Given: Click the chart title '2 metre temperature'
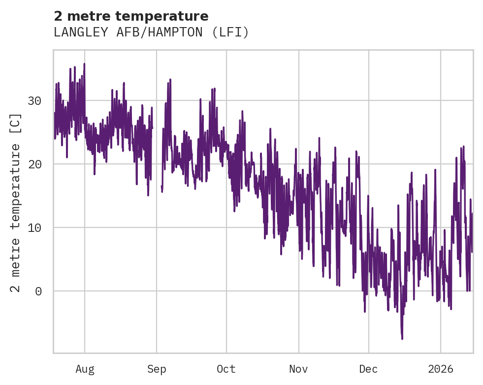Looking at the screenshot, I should point(131,16).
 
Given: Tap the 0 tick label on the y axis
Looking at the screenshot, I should point(38,291).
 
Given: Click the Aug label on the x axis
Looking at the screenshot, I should point(85,369).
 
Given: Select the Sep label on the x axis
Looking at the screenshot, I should point(157,369).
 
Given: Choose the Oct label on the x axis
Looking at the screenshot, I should point(226,369).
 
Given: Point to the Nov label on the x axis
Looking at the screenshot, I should point(298,369).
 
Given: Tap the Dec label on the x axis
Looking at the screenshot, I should point(368,369).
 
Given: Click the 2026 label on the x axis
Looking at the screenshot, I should point(441,369).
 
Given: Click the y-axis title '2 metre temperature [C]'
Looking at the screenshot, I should point(16,202).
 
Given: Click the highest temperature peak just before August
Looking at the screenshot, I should point(84,64).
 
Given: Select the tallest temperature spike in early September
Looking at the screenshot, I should point(170,79).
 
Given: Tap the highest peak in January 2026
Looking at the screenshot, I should point(463,146).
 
